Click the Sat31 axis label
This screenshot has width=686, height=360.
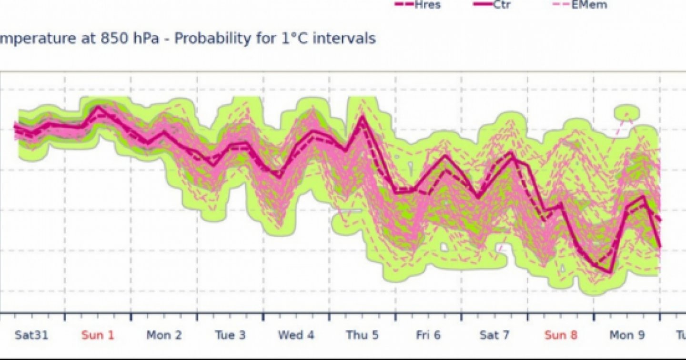tap(31, 335)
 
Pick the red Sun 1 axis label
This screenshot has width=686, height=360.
tap(98, 335)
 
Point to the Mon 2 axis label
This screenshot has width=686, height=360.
tap(164, 335)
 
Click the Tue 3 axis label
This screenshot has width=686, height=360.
tap(230, 335)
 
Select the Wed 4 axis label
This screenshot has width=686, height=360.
tap(296, 335)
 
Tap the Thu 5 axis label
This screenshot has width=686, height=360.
tap(363, 335)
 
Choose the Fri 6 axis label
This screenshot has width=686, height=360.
tap(428, 335)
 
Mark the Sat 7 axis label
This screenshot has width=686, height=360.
tap(494, 335)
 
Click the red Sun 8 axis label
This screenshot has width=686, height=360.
tap(561, 335)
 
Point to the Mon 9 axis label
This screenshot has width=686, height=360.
tap(627, 335)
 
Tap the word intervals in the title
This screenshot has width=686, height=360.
tap(347, 38)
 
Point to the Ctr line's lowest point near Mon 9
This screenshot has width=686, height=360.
tap(610, 272)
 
